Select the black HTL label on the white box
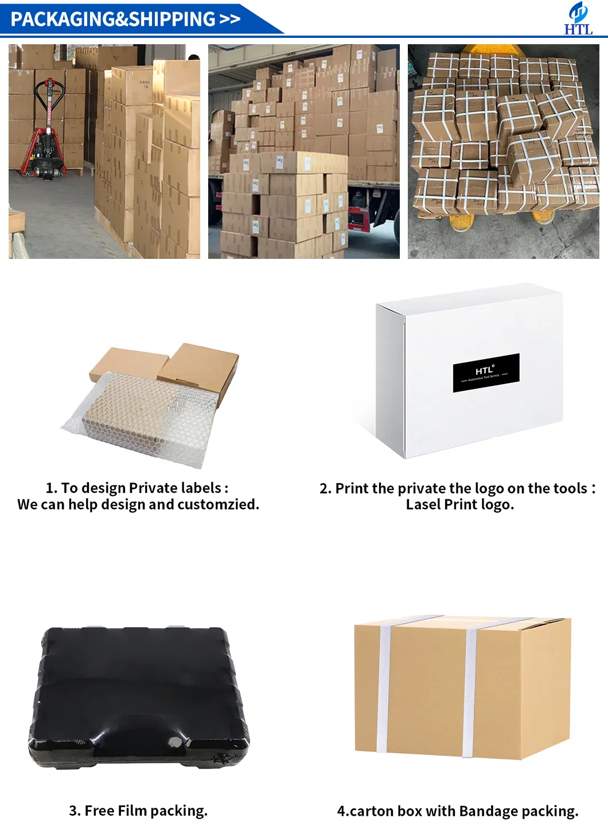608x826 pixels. click(486, 373)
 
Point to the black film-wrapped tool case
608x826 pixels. click(139, 697)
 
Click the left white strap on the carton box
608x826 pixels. click(383, 686)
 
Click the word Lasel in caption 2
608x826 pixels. click(423, 505)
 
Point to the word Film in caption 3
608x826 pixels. click(132, 811)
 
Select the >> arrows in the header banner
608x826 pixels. click(229, 19)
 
